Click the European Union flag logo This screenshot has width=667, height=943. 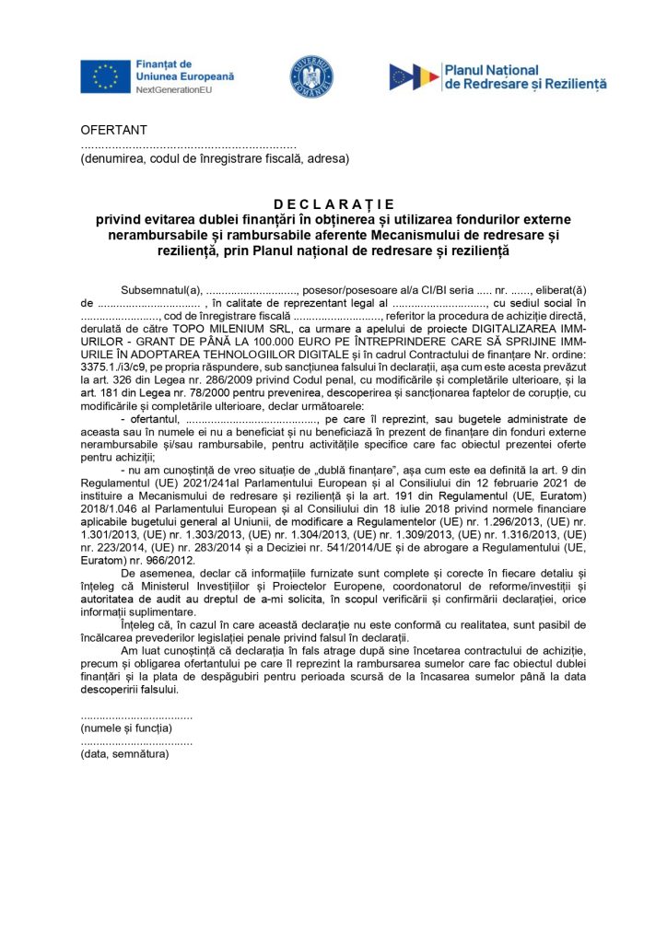(x=105, y=76)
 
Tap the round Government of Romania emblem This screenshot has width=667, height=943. (x=312, y=76)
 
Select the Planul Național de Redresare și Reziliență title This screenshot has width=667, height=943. (x=525, y=76)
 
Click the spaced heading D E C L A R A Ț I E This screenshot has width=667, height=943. (x=333, y=204)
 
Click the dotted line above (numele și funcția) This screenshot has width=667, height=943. (x=136, y=716)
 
